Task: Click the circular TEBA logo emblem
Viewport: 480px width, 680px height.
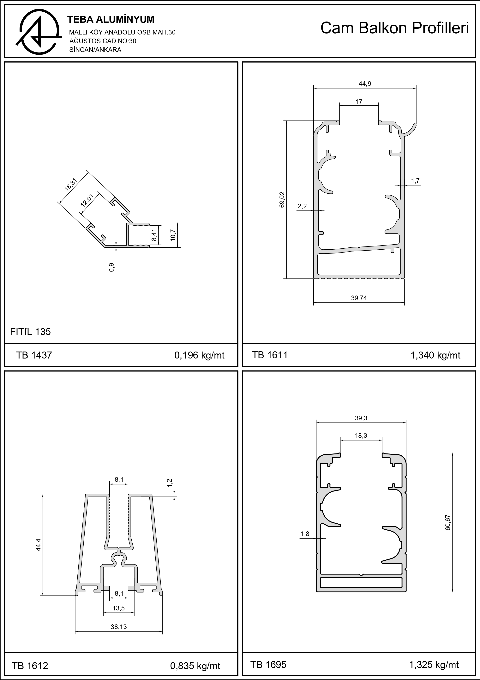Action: (x=39, y=32)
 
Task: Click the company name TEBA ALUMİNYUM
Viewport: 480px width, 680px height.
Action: (x=111, y=20)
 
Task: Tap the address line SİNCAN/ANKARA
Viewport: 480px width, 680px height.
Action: (x=95, y=50)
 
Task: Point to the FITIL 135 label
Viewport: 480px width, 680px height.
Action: (x=30, y=332)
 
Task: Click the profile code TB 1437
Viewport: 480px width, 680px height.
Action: (x=34, y=355)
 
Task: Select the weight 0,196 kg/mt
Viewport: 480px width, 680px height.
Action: (x=199, y=355)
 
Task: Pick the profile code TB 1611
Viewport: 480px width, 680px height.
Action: (x=270, y=355)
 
